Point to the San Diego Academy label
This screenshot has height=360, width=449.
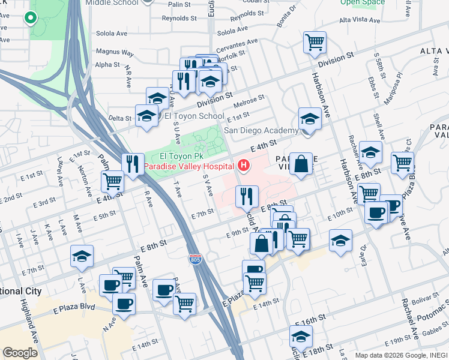pos(261,130)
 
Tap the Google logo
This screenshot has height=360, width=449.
pos(20,353)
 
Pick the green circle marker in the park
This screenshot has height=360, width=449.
pos(31,18)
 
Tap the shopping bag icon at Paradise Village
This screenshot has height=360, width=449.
pos(301,163)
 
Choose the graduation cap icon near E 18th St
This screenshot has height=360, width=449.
pos(301,335)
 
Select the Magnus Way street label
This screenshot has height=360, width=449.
pos(114,53)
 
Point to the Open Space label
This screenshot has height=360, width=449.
pos(362,2)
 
